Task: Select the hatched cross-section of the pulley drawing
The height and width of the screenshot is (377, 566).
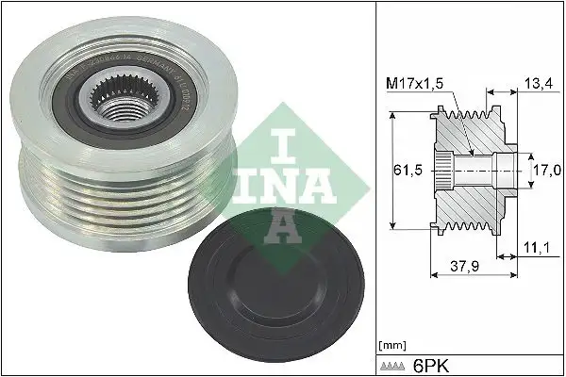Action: (472, 203)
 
